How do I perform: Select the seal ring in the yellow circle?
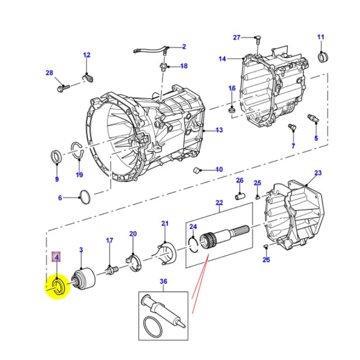pyautogui.click(x=58, y=287)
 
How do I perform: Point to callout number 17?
pyautogui.click(x=109, y=241)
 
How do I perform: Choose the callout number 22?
pyautogui.click(x=219, y=203)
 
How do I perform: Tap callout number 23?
pyautogui.click(x=318, y=173)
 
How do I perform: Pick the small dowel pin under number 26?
pyautogui.click(x=240, y=196)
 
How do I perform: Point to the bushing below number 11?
pyautogui.click(x=323, y=58)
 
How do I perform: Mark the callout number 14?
pyautogui.click(x=222, y=59)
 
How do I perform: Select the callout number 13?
pyautogui.click(x=219, y=130)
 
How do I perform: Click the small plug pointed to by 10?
pyautogui.click(x=196, y=170)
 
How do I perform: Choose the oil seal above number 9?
pyautogui.click(x=57, y=157)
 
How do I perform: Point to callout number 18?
pyautogui.click(x=184, y=66)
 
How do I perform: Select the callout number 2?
pyautogui.click(x=184, y=46)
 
